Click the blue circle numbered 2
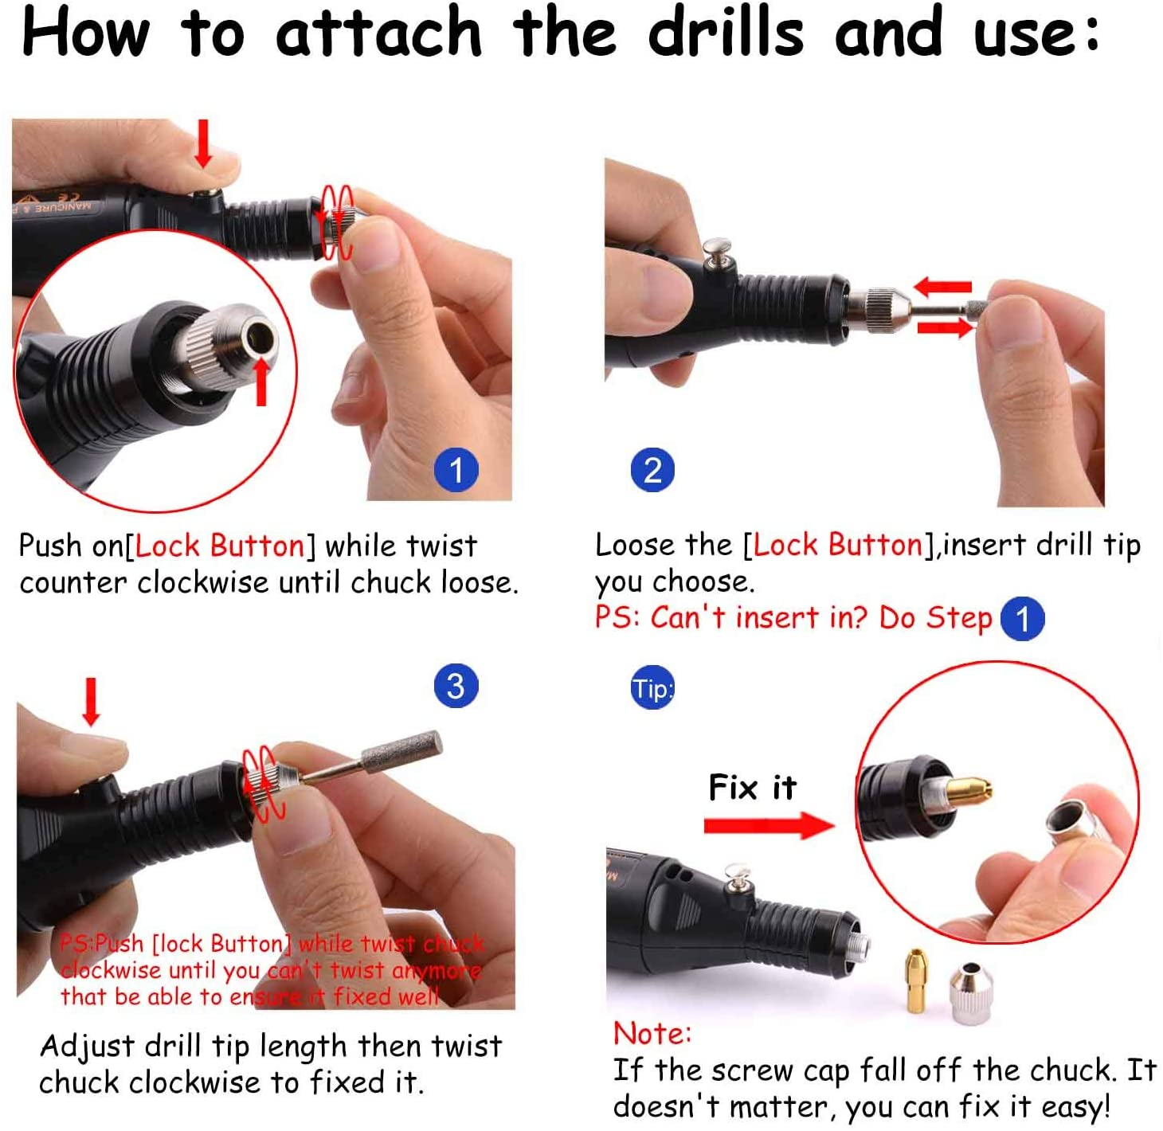point(652,470)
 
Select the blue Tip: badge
point(652,687)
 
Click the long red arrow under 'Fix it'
point(769,826)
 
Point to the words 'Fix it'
point(752,787)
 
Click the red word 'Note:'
point(652,1033)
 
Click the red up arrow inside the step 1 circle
point(261,381)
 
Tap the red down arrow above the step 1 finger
point(204,143)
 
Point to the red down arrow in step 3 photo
point(91,702)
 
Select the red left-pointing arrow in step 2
point(942,287)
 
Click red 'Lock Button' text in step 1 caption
point(220,546)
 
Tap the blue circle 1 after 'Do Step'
point(1022,619)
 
